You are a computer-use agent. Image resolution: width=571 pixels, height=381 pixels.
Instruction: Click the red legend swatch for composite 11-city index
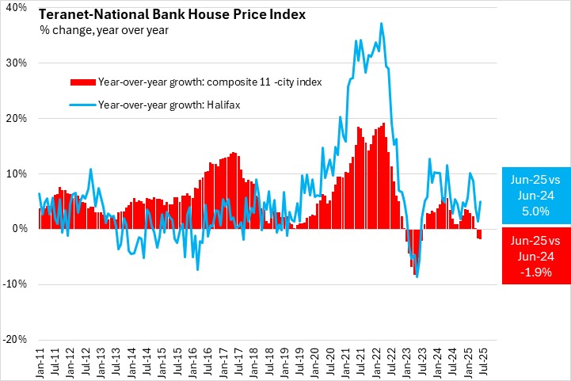[x=83, y=82]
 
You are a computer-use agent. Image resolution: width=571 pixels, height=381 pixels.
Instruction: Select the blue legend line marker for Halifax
[x=83, y=104]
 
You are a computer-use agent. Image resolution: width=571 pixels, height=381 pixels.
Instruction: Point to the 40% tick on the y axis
[x=17, y=7]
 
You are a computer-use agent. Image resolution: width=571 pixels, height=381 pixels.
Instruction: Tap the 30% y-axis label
[x=17, y=63]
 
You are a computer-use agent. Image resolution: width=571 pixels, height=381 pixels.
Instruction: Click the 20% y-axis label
[x=17, y=118]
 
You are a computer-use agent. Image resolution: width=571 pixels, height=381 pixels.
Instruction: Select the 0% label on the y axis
[x=20, y=229]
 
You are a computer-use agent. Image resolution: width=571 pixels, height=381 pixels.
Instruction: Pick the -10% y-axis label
[x=16, y=284]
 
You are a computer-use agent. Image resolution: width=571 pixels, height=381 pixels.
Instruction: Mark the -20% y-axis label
[x=16, y=339]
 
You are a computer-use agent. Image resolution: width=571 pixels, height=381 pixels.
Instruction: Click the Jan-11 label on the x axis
[x=40, y=360]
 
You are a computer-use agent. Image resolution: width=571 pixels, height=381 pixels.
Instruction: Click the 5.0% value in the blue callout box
[x=536, y=211]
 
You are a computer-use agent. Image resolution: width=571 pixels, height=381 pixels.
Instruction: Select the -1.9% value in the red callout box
[x=536, y=270]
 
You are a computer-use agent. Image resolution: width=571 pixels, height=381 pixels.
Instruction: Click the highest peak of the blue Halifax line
[x=382, y=23]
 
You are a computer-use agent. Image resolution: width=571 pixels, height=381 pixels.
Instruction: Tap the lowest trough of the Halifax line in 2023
[x=417, y=277]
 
